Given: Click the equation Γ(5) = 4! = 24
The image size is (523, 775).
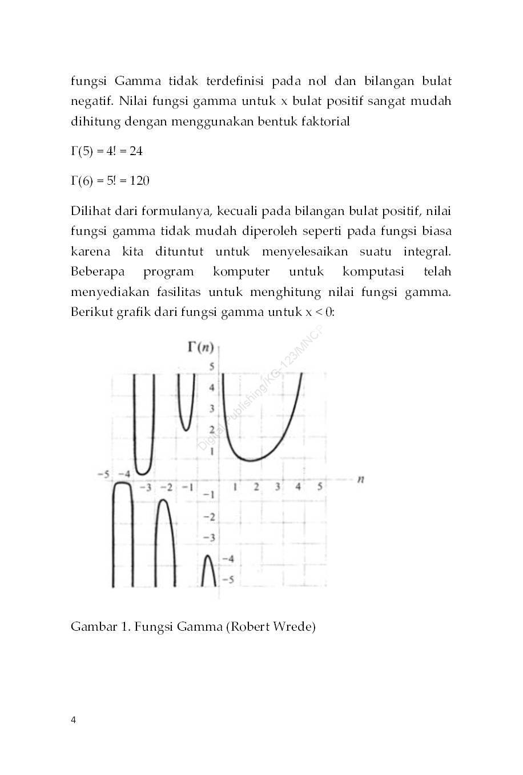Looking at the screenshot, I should click(x=106, y=151).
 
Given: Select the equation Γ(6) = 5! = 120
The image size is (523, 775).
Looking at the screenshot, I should click(x=110, y=181).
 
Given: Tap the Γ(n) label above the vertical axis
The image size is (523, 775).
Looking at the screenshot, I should click(x=200, y=347).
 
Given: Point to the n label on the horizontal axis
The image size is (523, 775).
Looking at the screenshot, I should click(x=361, y=479).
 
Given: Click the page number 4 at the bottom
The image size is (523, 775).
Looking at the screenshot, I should click(x=73, y=720).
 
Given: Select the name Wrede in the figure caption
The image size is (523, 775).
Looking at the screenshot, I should click(x=294, y=627).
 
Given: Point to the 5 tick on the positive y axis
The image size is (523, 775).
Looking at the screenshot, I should click(x=211, y=366).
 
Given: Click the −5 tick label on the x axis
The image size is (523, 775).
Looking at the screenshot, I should click(x=103, y=474).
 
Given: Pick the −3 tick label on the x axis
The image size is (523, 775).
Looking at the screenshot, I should click(x=146, y=488).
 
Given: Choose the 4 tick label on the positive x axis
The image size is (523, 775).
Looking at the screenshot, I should click(x=298, y=486).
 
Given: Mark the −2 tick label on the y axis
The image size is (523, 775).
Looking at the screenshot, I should click(x=210, y=516).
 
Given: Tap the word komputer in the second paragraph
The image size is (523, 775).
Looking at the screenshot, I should click(x=241, y=272).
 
